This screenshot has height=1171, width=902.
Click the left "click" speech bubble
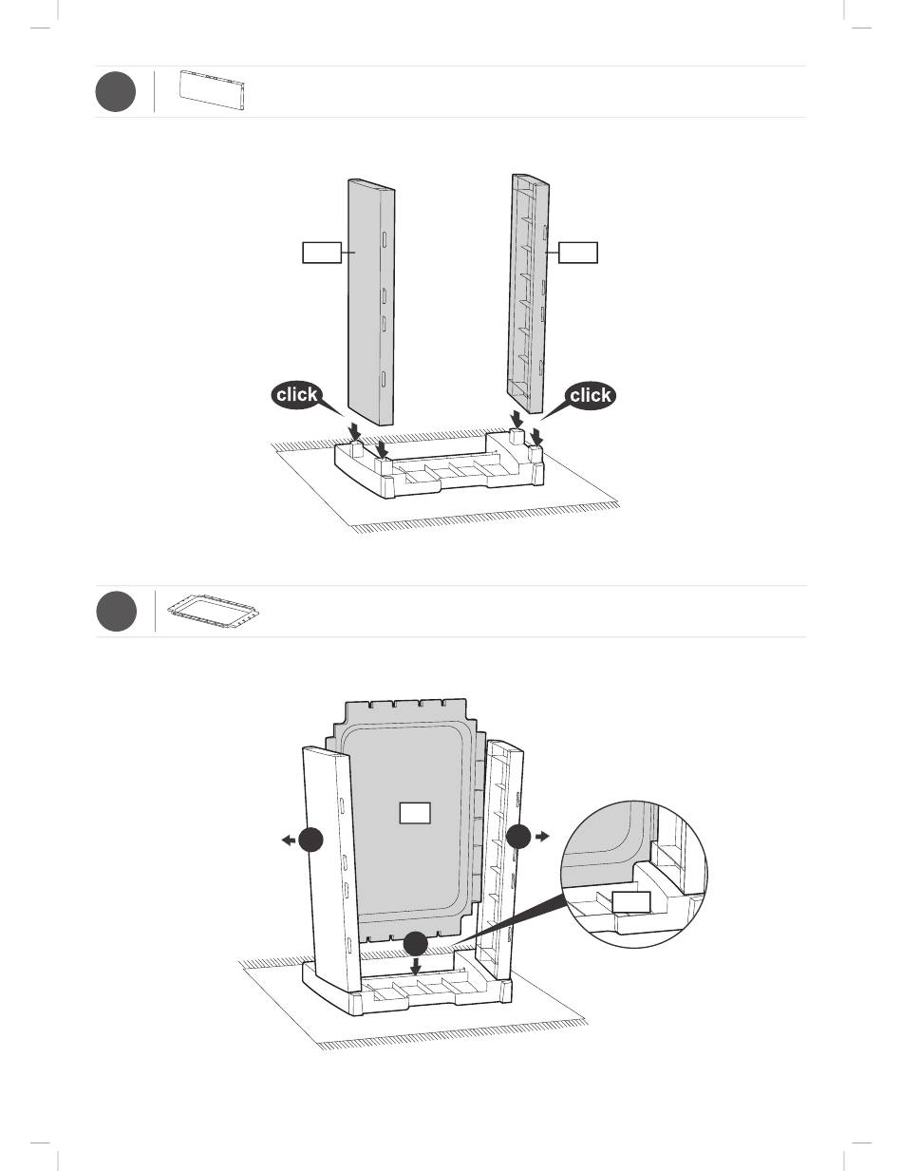click(x=297, y=396)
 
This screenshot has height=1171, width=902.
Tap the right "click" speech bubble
click(x=590, y=396)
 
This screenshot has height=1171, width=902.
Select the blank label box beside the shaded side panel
click(x=322, y=253)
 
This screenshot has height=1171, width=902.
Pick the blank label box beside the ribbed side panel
click(x=578, y=253)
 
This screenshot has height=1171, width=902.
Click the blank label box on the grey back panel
click(x=415, y=813)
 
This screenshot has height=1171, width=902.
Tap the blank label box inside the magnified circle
click(x=632, y=902)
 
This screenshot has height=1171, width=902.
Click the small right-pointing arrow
click(x=542, y=837)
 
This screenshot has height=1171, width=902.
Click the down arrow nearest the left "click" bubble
click(x=354, y=431)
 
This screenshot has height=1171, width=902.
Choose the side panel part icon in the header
click(x=213, y=90)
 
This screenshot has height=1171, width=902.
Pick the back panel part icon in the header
click(x=214, y=611)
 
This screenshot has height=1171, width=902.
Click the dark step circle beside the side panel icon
click(x=116, y=91)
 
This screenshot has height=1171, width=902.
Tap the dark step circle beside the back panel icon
click(x=117, y=612)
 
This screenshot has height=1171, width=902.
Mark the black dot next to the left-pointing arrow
click(x=310, y=840)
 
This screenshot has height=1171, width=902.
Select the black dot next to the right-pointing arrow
click(x=518, y=836)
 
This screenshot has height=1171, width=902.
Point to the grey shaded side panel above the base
click(x=371, y=302)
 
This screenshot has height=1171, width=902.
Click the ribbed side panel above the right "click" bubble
click(x=528, y=293)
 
